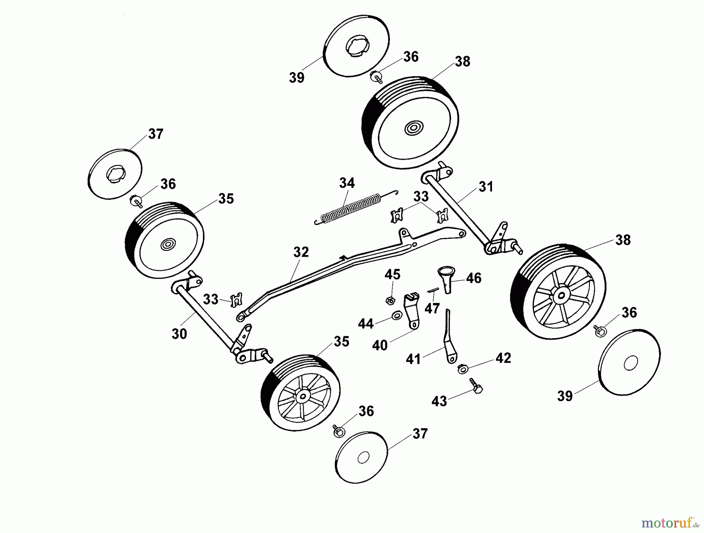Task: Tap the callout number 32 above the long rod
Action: click(x=301, y=252)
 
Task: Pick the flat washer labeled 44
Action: click(x=397, y=315)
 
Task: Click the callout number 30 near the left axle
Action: click(x=179, y=334)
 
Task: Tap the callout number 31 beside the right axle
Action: click(x=486, y=187)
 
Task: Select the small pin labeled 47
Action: click(x=433, y=290)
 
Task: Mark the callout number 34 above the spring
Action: click(x=347, y=183)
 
